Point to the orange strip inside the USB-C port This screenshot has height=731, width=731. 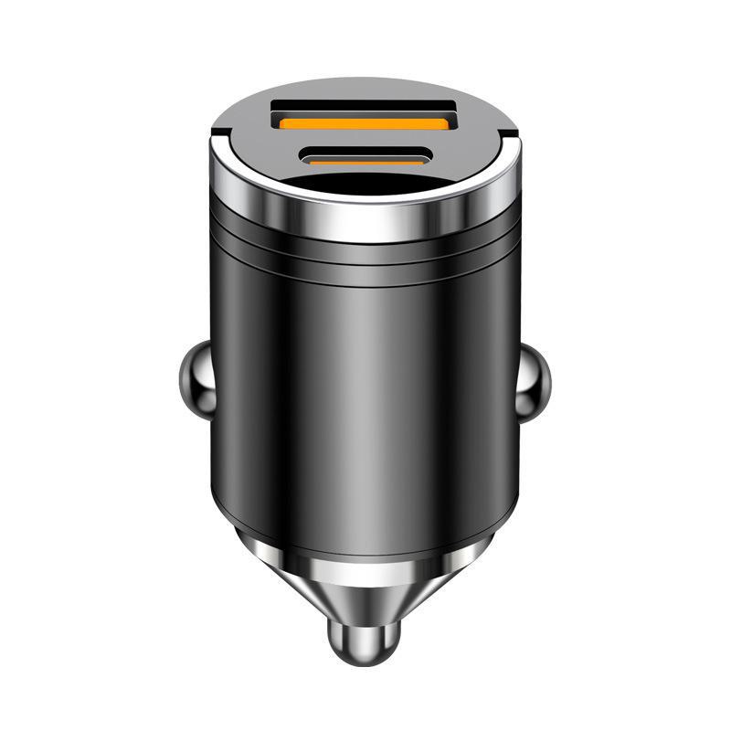coord(365,158)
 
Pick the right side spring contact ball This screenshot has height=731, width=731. coord(536,381)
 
